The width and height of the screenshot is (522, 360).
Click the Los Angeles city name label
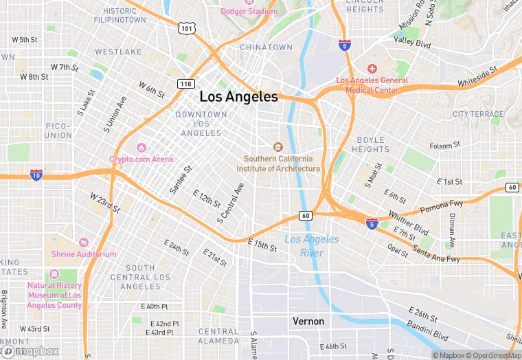238,97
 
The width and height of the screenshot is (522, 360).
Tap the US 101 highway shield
187,28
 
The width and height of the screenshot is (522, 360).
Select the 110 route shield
185,84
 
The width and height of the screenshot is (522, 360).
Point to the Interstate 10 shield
36,175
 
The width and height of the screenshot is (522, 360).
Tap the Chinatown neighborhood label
266,47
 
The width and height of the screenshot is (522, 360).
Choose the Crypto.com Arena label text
141,159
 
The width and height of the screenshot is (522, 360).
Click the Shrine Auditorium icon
83,243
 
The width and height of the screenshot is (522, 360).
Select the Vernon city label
308,322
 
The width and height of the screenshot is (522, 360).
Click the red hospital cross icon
372,69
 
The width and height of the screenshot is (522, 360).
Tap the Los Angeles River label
311,246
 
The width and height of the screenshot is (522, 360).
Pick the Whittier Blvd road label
408,222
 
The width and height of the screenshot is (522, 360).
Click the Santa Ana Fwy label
437,254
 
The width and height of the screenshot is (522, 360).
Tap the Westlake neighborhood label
118,52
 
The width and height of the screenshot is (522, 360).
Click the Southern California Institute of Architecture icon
278,146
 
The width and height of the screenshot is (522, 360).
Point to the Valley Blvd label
412,43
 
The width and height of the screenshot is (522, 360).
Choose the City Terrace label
478,114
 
